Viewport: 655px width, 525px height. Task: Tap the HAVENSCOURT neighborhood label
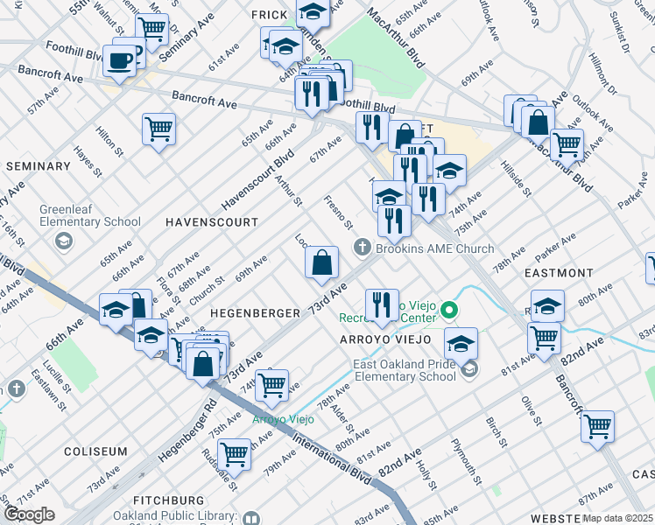pyautogui.click(x=212, y=222)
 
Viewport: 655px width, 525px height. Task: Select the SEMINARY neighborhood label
pyautogui.click(x=38, y=166)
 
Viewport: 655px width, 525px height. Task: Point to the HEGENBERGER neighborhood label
pyautogui.click(x=250, y=312)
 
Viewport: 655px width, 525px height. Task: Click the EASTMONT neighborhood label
pyautogui.click(x=560, y=273)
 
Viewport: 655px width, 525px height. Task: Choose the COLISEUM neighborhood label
pyautogui.click(x=95, y=451)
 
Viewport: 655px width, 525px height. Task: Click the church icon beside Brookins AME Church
pyautogui.click(x=362, y=249)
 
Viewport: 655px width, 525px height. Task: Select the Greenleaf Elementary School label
pyautogui.click(x=90, y=222)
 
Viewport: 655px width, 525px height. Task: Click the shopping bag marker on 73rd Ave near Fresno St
pyautogui.click(x=322, y=262)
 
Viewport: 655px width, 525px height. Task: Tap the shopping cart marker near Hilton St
pyautogui.click(x=159, y=129)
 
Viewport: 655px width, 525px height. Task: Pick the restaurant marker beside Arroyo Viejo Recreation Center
pyautogui.click(x=381, y=305)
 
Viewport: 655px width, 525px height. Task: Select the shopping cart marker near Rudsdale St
pyautogui.click(x=234, y=454)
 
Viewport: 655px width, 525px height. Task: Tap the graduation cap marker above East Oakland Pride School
pyautogui.click(x=461, y=343)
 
